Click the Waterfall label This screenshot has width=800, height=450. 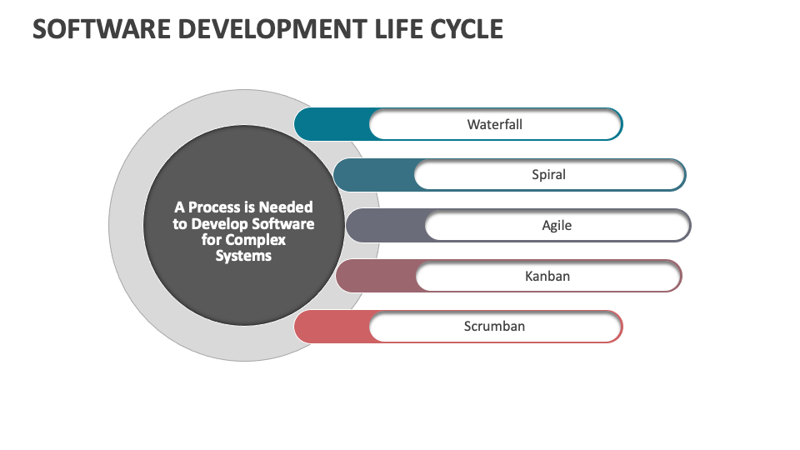click(494, 125)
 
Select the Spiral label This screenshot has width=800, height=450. click(548, 175)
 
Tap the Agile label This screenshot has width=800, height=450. click(557, 225)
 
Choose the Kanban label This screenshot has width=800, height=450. click(547, 276)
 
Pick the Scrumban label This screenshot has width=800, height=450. click(494, 326)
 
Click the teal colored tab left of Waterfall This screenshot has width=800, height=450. click(332, 125)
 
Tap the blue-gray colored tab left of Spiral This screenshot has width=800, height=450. click(373, 175)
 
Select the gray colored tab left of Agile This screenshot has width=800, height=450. click(385, 225)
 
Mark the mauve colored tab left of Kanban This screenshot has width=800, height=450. click(375, 276)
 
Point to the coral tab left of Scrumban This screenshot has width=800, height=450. click(332, 326)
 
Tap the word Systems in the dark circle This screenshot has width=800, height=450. click(243, 256)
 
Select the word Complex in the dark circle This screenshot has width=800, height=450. click(259, 240)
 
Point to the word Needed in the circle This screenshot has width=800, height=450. click(286, 207)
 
